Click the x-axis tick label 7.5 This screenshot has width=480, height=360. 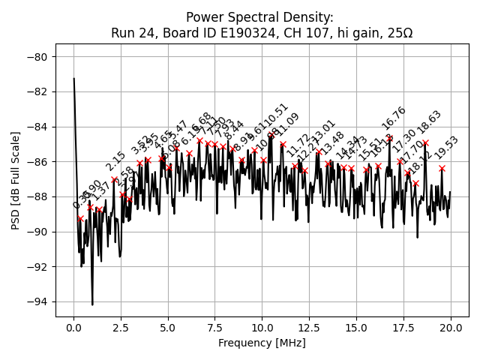(x=215, y=328)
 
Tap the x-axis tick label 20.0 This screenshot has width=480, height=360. (x=451, y=328)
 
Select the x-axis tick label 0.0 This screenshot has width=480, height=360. (x=73, y=328)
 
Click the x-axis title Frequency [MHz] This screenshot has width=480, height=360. (x=262, y=343)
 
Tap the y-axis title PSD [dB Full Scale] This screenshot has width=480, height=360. (x=16, y=180)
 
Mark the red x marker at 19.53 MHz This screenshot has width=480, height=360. (x=442, y=168)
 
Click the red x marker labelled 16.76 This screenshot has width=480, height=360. (x=390, y=138)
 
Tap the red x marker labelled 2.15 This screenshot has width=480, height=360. (x=114, y=179)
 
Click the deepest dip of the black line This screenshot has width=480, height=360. (x=92, y=304)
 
